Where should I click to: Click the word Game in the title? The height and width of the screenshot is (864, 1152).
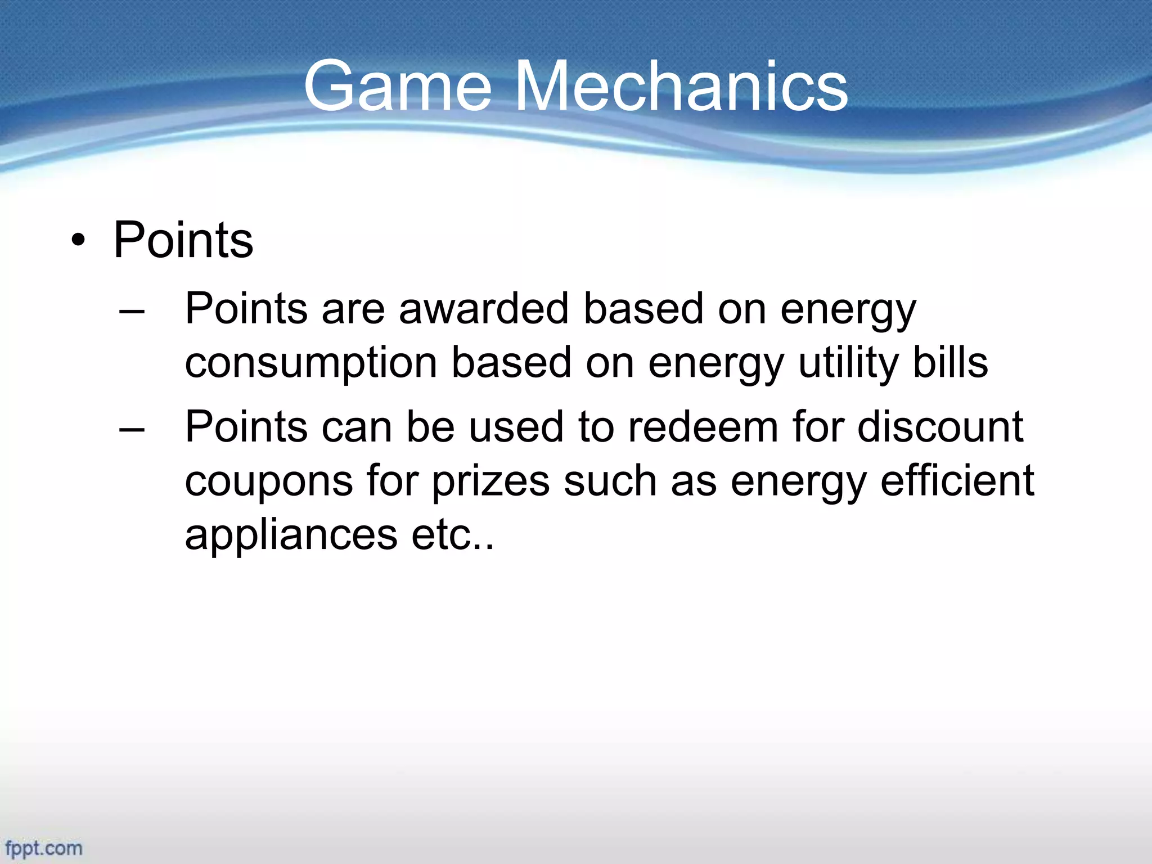(x=397, y=86)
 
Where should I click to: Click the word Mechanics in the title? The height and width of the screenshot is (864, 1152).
(x=681, y=86)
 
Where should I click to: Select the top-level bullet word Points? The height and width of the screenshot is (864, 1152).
(x=183, y=241)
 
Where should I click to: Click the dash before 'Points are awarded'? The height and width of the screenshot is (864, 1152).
(x=132, y=310)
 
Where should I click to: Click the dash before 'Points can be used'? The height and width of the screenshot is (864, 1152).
(x=132, y=429)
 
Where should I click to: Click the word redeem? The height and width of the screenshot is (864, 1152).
(x=703, y=427)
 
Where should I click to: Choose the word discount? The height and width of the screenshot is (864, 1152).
(x=940, y=427)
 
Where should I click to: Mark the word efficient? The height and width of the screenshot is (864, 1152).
(x=956, y=480)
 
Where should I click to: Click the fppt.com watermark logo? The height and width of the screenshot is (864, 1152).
(x=44, y=848)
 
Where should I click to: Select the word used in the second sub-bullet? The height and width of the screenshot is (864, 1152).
(x=516, y=427)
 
